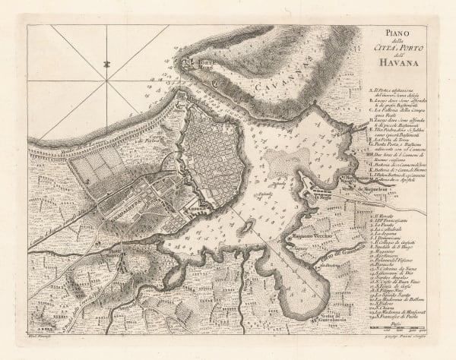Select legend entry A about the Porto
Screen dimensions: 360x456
[396, 93]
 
